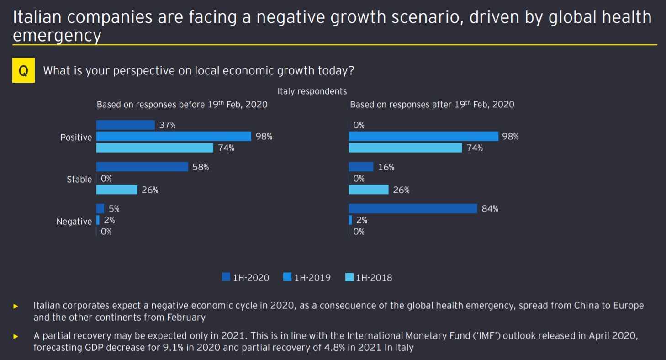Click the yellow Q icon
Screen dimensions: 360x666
(23, 71)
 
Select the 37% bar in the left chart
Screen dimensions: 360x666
(126, 125)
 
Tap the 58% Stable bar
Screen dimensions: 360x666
(142, 167)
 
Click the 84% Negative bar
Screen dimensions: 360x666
(413, 209)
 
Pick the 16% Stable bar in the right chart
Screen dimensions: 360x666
(361, 167)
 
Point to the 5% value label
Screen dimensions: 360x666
(114, 209)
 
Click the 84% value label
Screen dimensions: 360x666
(490, 209)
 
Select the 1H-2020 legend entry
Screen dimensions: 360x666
(246, 277)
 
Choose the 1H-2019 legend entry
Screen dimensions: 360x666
(307, 277)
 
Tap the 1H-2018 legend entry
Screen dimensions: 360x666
(369, 277)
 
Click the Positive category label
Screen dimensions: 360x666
(76, 137)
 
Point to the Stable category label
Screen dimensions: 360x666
(79, 180)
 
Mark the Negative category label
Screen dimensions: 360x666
(74, 222)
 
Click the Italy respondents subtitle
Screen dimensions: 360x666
(312, 91)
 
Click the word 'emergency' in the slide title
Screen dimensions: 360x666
(57, 36)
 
